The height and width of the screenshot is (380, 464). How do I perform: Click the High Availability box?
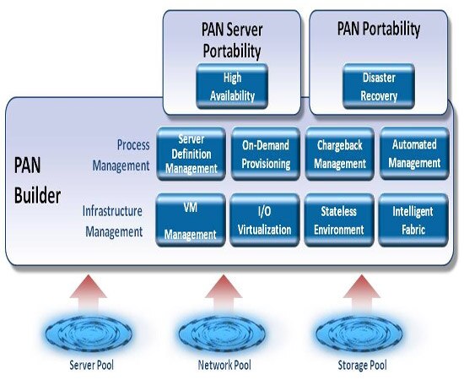pyautogui.click(x=232, y=86)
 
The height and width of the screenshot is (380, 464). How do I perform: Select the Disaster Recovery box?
pyautogui.click(x=379, y=86)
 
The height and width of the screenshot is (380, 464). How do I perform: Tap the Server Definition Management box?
pyautogui.click(x=192, y=154)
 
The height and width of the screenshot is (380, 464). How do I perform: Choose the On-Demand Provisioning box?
pyautogui.click(x=266, y=154)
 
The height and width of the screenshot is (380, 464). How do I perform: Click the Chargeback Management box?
pyautogui.click(x=340, y=154)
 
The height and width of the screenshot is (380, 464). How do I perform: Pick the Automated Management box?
pyautogui.click(x=414, y=154)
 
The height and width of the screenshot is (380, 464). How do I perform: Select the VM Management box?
pyautogui.click(x=191, y=220)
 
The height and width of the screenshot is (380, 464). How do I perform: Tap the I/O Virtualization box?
pyautogui.click(x=265, y=220)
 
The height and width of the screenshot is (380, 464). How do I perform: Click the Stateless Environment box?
pyautogui.click(x=339, y=220)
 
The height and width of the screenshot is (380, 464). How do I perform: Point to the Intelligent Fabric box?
pyautogui.click(x=413, y=220)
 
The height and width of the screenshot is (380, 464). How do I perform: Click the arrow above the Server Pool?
pyautogui.click(x=89, y=293)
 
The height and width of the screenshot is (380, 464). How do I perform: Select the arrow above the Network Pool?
pyautogui.click(x=224, y=293)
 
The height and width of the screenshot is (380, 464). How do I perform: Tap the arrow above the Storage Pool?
pyautogui.click(x=362, y=293)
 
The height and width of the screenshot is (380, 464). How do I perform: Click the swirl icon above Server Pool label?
pyautogui.click(x=89, y=334)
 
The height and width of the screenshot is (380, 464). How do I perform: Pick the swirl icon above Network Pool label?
pyautogui.click(x=222, y=334)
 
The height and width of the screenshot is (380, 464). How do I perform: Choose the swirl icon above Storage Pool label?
pyautogui.click(x=359, y=334)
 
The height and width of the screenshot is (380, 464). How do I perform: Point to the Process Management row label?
pyautogui.click(x=121, y=155)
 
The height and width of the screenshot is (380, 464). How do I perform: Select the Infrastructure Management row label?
pyautogui.click(x=113, y=221)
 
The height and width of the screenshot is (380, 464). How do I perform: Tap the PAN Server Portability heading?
pyautogui.click(x=232, y=41)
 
